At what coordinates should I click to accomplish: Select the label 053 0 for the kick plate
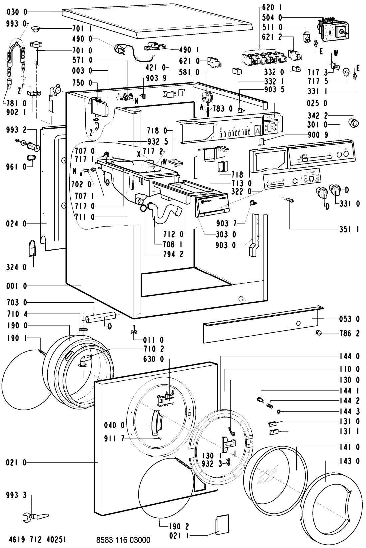(x=349, y=319)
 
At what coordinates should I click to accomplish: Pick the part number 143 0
(x=349, y=462)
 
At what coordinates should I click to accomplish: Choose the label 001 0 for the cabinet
(x=16, y=286)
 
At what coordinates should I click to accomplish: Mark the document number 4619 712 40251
(x=36, y=539)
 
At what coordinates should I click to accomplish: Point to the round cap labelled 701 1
(x=36, y=30)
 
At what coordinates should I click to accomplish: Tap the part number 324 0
(x=16, y=266)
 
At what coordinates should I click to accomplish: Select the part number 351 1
(x=349, y=229)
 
